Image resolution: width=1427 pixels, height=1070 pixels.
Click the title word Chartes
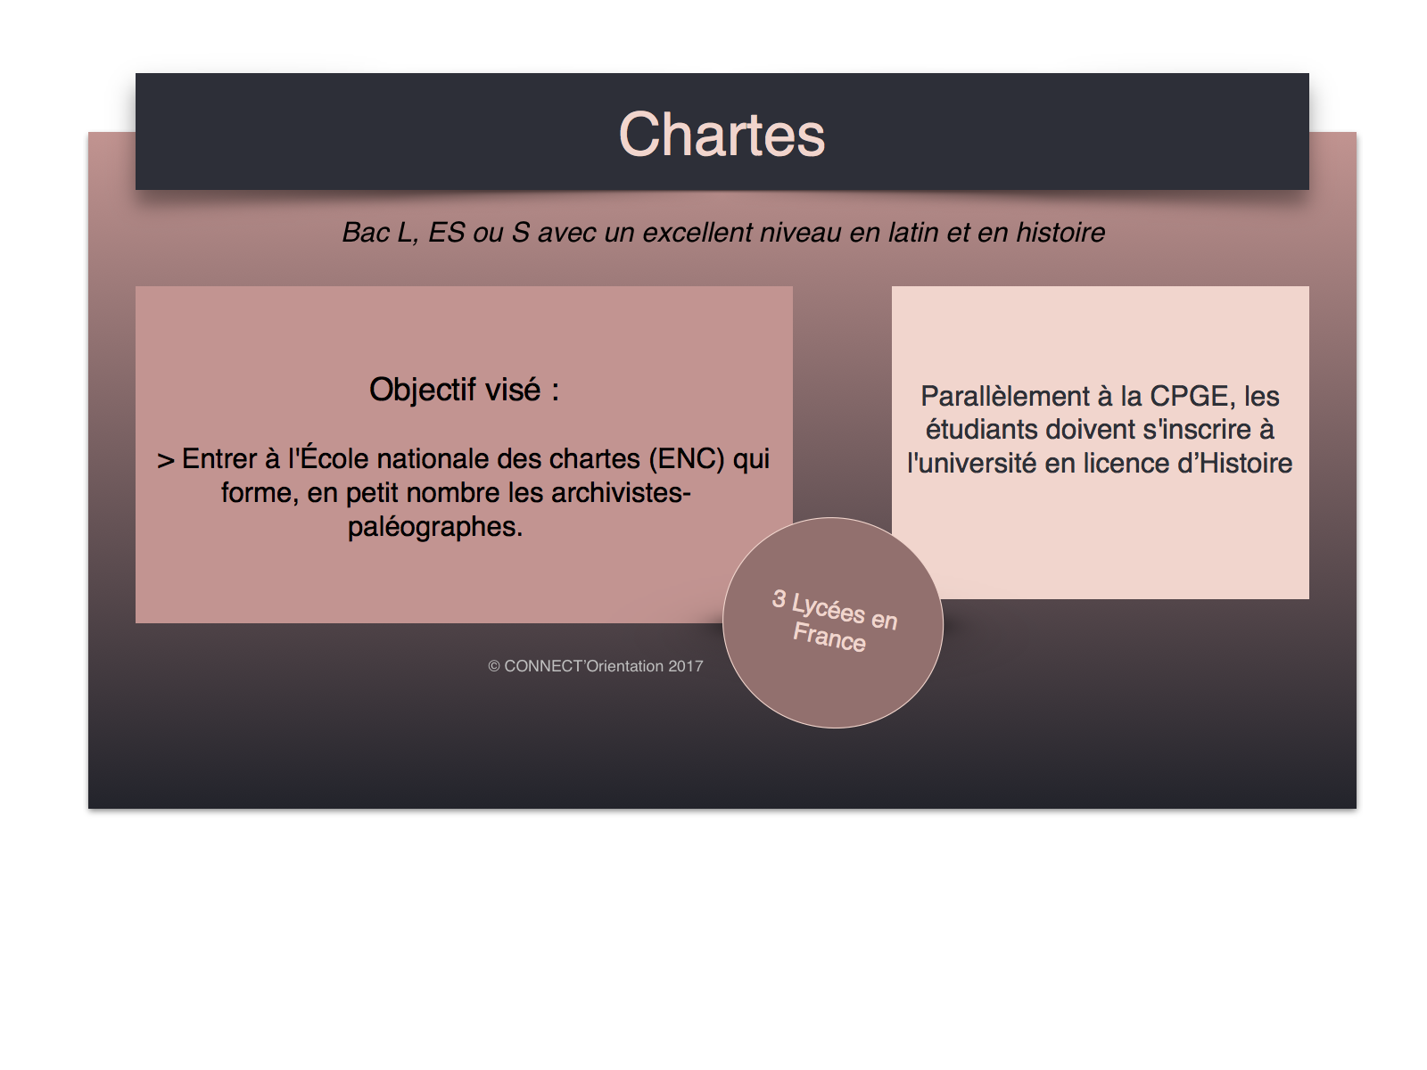coord(722,135)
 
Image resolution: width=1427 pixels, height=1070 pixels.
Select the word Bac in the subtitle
coord(365,233)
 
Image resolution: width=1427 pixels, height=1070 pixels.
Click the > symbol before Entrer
coord(166,461)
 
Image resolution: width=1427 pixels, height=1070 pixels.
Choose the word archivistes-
coord(621,492)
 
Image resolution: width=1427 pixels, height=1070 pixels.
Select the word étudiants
coord(982,430)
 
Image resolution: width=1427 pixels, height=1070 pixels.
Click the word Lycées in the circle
coord(829,608)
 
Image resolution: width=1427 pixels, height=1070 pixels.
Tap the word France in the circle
coord(829,637)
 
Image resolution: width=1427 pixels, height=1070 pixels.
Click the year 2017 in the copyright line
coord(685,666)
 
